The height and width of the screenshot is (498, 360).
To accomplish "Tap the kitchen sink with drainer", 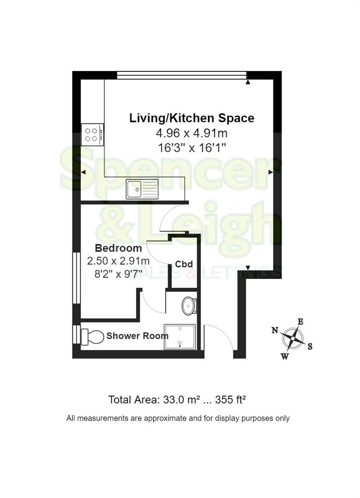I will click(142, 189).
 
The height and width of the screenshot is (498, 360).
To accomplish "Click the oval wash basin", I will click(189, 306).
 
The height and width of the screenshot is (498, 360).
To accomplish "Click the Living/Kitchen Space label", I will click(191, 118).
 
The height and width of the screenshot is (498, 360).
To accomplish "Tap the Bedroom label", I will click(118, 248).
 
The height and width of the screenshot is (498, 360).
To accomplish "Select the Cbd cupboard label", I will click(183, 264).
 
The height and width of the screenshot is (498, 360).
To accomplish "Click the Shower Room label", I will click(137, 336).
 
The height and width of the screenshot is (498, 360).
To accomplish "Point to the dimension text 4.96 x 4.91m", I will click(191, 134).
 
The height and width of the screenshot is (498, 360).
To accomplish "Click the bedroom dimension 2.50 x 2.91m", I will click(118, 261).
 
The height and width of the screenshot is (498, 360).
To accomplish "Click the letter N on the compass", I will click(275, 330).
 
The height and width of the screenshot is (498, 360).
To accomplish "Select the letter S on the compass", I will click(310, 346).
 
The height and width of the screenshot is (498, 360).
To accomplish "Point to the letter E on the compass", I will click(300, 321).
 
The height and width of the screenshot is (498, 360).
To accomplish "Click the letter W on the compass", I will click(285, 356).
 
